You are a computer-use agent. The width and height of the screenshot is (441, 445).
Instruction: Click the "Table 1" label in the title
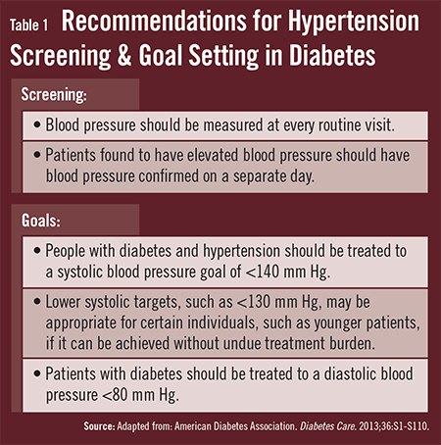click(28, 25)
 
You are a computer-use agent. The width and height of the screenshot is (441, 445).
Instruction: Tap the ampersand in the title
click(124, 54)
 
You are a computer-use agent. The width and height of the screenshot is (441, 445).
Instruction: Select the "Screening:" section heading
click(54, 94)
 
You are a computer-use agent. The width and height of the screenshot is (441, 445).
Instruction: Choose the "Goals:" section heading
click(41, 221)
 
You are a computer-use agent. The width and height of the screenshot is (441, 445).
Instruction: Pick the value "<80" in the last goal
click(116, 395)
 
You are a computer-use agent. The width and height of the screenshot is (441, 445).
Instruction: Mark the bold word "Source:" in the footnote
click(99, 426)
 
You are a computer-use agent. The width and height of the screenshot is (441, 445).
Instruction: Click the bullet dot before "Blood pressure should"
click(37, 124)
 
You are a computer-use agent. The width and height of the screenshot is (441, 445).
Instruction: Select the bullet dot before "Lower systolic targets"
click(37, 302)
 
